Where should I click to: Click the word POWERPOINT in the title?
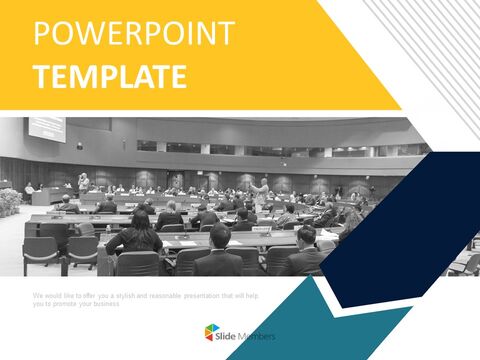coord(134,33)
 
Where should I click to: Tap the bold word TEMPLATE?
coord(109,76)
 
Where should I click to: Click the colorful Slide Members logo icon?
coord(212,332)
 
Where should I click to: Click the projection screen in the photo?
coord(47,128)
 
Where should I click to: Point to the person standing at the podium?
coord(83,184)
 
